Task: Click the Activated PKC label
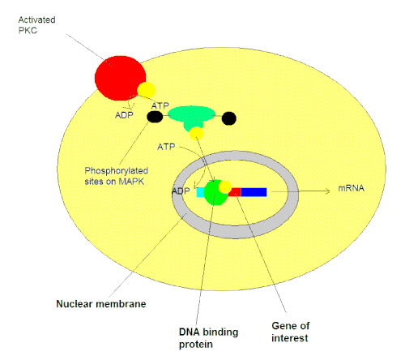36,25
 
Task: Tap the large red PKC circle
120,78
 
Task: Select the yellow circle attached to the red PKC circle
147,90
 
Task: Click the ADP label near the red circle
124,115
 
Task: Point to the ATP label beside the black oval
160,105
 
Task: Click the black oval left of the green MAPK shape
155,117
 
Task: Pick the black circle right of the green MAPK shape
229,118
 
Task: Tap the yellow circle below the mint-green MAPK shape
196,134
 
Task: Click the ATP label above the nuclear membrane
166,147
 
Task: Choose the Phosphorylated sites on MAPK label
117,176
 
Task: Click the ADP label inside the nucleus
181,191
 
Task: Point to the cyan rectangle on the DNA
200,192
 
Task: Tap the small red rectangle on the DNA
235,192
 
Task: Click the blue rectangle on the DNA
254,192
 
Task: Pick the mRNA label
352,188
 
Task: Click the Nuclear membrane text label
101,304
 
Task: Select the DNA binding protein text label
208,338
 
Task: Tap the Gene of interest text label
291,332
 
